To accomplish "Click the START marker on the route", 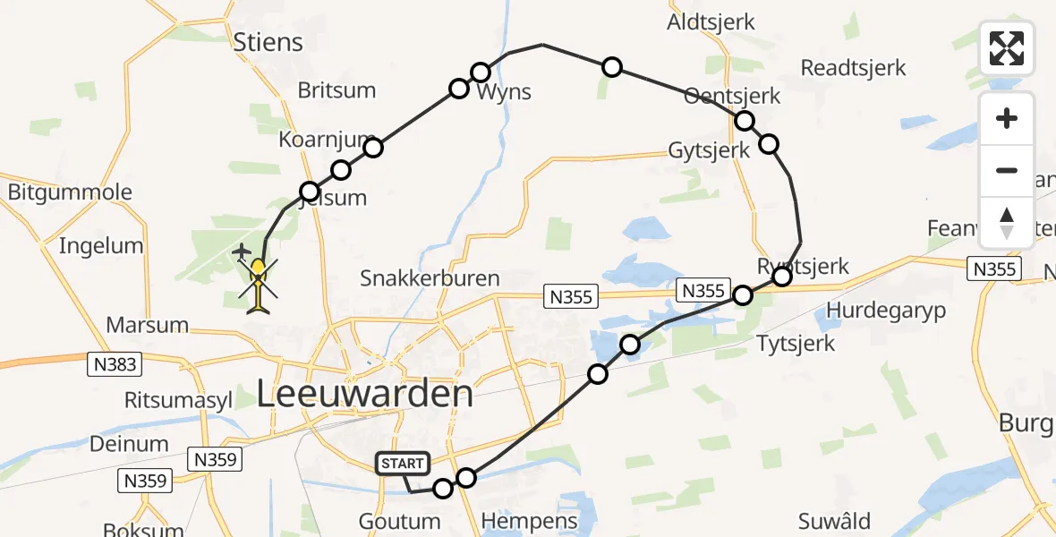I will pos(404,464).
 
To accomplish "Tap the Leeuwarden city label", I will pos(364,395).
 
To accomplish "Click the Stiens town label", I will pos(268,42).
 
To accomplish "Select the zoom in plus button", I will pos(1007,118).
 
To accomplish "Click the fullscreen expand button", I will pos(1007,47).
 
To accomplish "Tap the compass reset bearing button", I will pos(1007,223).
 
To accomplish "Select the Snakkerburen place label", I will pos(430,278).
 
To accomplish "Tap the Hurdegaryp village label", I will pos(886,310).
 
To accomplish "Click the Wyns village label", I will pos(504,91).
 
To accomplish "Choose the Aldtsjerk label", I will pos(711,22).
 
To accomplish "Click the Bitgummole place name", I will pos(70,192).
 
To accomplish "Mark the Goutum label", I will pos(401,521).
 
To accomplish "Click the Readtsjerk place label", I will pos(853,68).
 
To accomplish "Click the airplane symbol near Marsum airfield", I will pos(242,253).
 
